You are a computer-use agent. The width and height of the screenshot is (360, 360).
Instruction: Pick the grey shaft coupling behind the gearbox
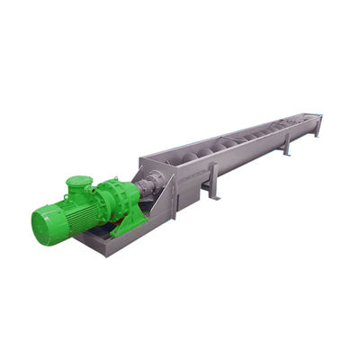pyautogui.click(x=148, y=187)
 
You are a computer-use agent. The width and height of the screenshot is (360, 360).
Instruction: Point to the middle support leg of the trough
pyautogui.click(x=285, y=145)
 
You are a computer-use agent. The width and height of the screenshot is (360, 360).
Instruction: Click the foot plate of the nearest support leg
pyautogui.click(x=213, y=195)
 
